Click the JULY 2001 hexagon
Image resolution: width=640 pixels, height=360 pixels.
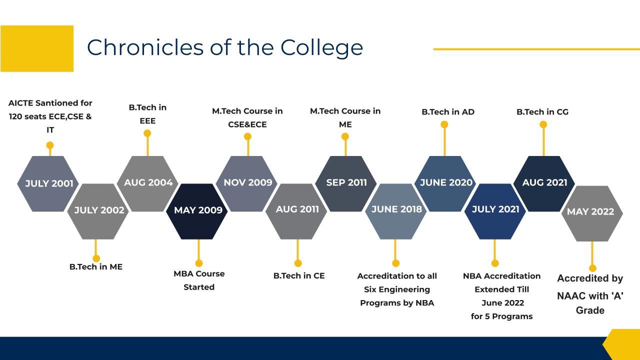click(47, 183)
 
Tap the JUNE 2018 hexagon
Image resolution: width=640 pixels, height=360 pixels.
click(395, 211)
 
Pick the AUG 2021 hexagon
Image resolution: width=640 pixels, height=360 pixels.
click(544, 183)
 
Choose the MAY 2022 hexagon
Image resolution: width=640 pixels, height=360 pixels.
click(592, 213)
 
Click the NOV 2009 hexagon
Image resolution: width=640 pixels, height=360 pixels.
click(246, 183)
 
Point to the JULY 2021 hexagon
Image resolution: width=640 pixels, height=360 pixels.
click(495, 211)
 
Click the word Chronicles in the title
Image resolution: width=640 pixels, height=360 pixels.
click(145, 47)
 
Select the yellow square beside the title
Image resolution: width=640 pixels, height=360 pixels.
click(37, 48)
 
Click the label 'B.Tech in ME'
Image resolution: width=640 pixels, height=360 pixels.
click(96, 267)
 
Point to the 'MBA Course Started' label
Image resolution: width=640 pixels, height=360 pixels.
click(199, 280)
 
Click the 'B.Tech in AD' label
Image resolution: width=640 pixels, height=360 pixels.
click(448, 112)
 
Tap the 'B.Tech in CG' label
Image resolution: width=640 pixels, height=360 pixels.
click(542, 112)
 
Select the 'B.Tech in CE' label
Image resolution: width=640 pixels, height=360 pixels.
click(299, 275)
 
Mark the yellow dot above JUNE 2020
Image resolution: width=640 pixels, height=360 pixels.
click(444, 124)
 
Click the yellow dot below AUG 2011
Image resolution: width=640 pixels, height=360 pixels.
click(298, 263)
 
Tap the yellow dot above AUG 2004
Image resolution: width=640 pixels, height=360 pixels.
click(147, 133)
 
